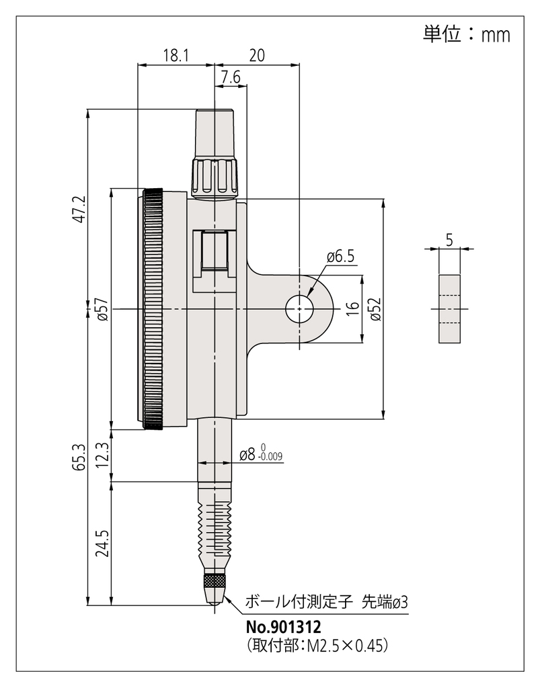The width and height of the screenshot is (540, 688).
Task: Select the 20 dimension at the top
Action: pyautogui.click(x=256, y=55)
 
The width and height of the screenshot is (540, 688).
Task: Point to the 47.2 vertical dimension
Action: pyautogui.click(x=79, y=209)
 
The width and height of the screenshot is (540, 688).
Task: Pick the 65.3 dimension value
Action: pyautogui.click(x=79, y=456)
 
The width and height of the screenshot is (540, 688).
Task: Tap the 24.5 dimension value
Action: pyautogui.click(x=103, y=543)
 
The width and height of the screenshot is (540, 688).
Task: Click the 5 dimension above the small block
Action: pyautogui.click(x=449, y=237)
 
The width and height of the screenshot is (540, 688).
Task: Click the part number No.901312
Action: pyautogui.click(x=283, y=627)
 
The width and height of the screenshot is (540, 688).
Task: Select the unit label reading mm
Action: pyautogui.click(x=495, y=34)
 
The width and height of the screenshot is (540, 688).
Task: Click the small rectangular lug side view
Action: pyautogui.click(x=449, y=308)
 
